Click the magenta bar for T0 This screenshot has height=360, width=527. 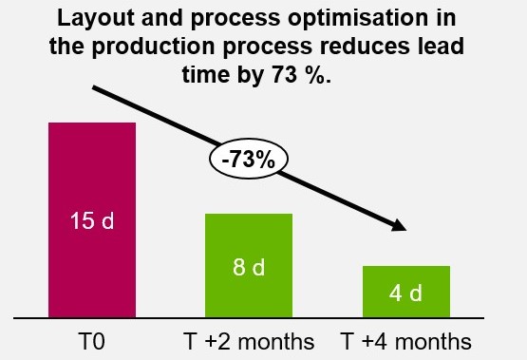pos(92,171)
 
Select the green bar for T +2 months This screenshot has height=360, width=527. pos(249,237)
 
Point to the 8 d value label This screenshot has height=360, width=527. pos(249,268)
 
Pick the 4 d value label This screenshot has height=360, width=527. pos(406,293)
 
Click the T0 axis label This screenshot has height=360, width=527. pos(92,339)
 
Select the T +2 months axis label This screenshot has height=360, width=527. pos(249,339)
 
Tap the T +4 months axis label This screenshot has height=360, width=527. pos(406,339)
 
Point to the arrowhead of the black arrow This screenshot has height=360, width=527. pos(399,226)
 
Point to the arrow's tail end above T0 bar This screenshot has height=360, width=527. pos(95,89)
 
